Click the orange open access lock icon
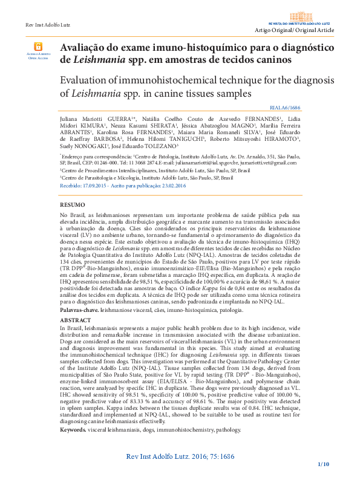[x=38, y=46]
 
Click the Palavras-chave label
[x=79, y=309]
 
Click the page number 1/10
[x=323, y=464]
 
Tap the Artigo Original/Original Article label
[x=294, y=30]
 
